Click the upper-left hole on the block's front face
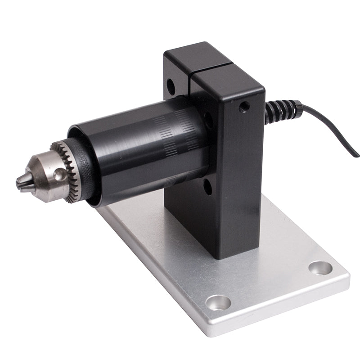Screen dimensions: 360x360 (x=171, y=85)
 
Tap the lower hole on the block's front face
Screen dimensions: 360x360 (x=207, y=186)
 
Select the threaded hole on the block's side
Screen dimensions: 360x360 (x=244, y=107)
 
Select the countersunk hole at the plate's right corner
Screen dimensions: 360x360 (x=320, y=268)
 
